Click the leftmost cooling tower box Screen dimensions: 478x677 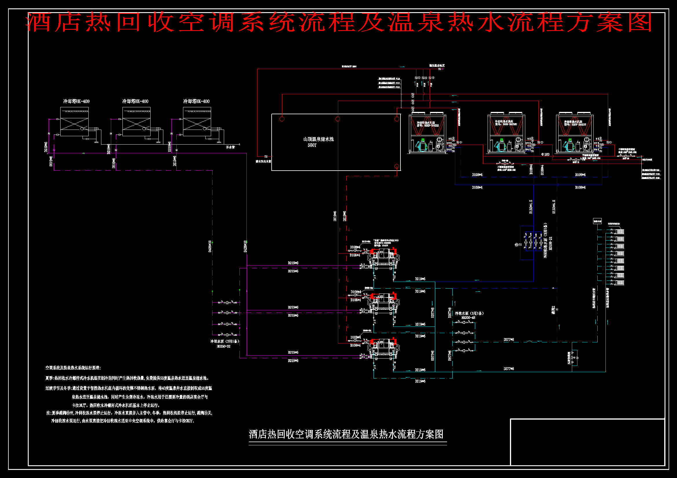pos(74,121)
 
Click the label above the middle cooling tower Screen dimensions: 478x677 pos(135,101)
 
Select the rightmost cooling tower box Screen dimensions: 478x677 pos(197,121)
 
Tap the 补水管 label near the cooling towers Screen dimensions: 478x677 pos(230,147)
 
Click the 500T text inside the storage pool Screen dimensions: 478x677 pos(312,145)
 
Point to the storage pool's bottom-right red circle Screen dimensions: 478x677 pos(397,166)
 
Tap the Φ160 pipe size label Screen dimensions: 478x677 pos(545,154)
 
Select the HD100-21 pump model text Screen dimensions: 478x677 pos(550,243)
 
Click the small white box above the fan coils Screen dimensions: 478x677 pos(597,221)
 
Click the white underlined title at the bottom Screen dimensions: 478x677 pos(346,434)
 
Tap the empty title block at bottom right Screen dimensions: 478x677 pos(587,442)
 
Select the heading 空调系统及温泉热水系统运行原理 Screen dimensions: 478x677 pos(73,368)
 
